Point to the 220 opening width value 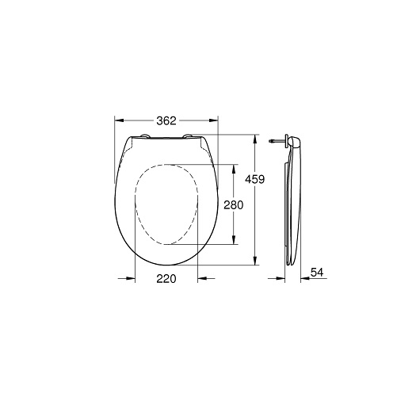pyautogui.click(x=165, y=278)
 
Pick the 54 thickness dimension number pyautogui.click(x=317, y=272)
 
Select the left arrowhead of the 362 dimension pyautogui.click(x=120, y=120)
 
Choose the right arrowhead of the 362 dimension pyautogui.click(x=213, y=120)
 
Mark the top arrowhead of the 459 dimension pyautogui.click(x=255, y=138)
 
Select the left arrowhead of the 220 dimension pyautogui.click(x=131, y=278)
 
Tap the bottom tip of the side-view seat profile pyautogui.click(x=290, y=265)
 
